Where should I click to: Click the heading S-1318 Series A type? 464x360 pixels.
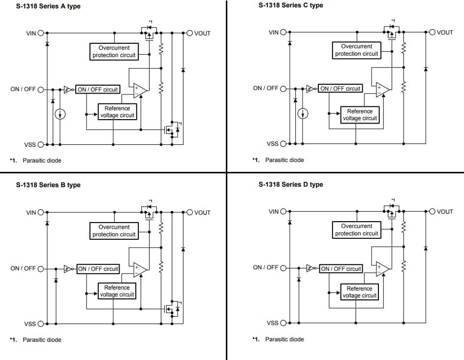pos(48,6)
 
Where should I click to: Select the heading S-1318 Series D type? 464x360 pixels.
pos(290,184)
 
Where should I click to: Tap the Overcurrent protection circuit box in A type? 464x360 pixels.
pos(114,51)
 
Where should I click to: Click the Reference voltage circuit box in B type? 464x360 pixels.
pos(117,291)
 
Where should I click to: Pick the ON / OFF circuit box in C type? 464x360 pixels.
pos(340,89)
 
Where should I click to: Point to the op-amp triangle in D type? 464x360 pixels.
pos(382,268)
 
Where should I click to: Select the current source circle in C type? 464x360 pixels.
pos(303,113)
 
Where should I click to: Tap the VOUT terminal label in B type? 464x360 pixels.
pos(202,213)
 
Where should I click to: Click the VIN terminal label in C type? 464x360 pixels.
pos(274,33)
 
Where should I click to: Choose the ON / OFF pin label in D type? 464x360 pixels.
pos(265,267)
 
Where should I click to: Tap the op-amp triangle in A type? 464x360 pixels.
pos(140,90)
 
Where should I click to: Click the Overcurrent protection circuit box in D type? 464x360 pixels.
pos(356,229)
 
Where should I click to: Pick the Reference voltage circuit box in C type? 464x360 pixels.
pos(360,115)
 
